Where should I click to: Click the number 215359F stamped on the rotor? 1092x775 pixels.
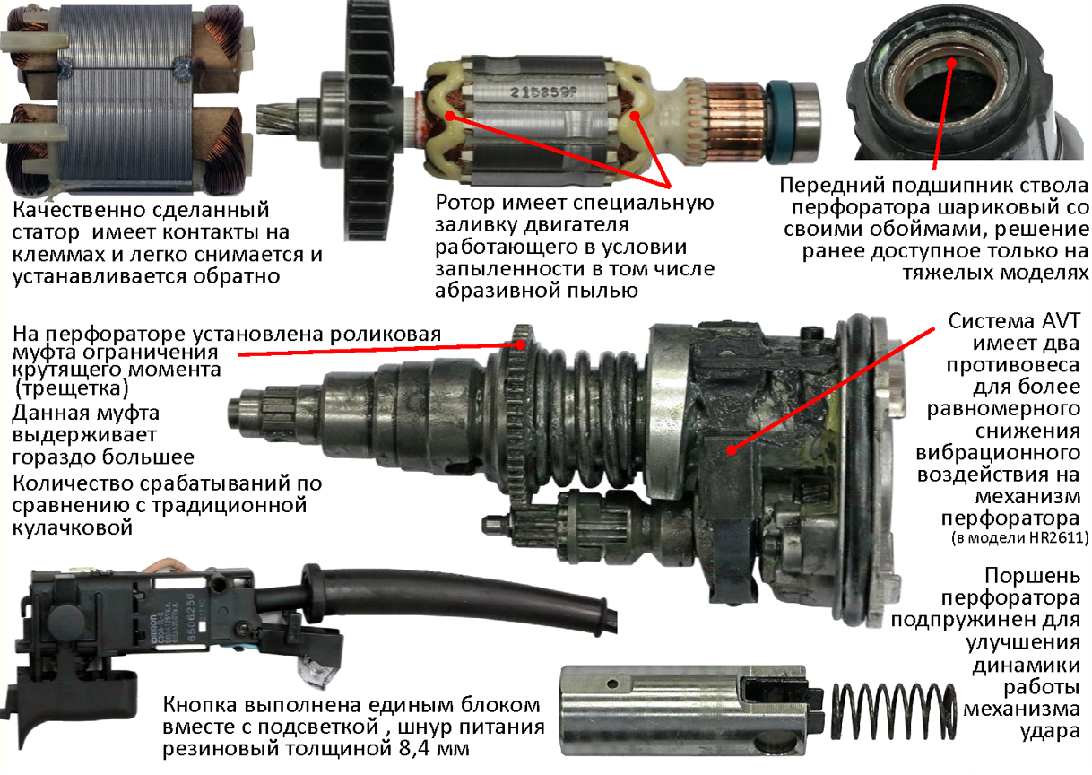point(542,92)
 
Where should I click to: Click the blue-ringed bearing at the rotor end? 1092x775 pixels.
point(793,122)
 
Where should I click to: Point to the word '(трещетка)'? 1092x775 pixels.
point(71,388)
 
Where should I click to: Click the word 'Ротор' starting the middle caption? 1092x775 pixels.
point(465,203)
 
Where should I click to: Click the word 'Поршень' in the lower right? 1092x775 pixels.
point(1032,576)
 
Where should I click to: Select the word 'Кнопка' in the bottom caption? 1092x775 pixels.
point(200,705)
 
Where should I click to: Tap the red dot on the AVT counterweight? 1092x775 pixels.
point(732,450)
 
